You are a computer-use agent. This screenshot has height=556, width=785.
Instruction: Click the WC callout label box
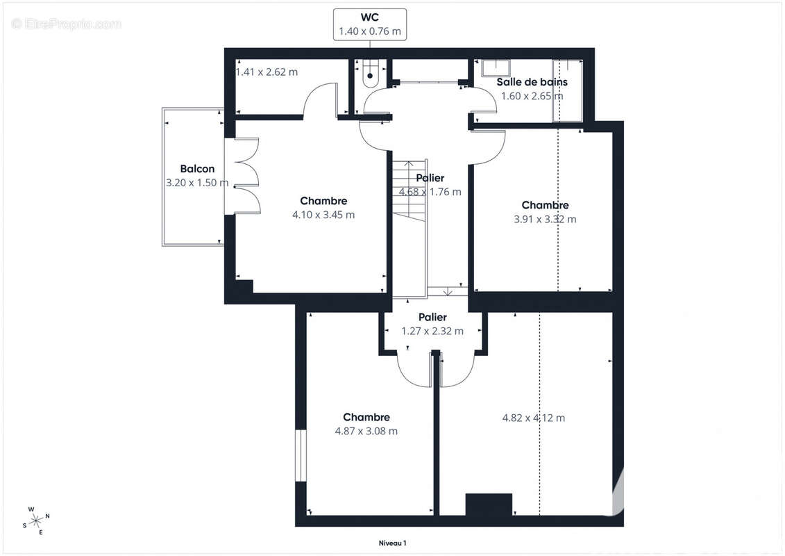(370, 24)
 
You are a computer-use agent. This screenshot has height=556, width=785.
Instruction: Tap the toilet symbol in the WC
(371, 73)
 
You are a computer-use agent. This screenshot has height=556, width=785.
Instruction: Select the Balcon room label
(197, 169)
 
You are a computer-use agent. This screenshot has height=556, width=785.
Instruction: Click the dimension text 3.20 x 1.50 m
(197, 183)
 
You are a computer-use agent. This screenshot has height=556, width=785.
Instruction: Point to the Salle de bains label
(532, 82)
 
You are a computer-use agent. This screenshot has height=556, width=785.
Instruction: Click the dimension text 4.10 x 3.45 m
(323, 215)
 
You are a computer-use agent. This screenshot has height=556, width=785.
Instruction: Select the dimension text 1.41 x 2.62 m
(267, 72)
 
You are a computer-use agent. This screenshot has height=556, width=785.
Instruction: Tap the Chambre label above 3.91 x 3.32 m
(545, 205)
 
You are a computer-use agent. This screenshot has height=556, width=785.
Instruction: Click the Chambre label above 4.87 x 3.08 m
(366, 417)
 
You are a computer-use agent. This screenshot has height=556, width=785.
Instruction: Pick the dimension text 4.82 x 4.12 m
(534, 418)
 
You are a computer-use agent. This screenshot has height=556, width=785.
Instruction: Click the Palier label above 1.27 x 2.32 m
(432, 318)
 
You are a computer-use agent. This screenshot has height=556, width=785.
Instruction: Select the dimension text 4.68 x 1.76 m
(430, 192)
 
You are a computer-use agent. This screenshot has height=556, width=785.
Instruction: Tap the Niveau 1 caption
(393, 543)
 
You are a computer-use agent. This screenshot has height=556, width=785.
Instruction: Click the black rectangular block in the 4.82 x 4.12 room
(489, 505)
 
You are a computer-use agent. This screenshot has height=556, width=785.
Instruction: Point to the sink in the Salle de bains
(496, 68)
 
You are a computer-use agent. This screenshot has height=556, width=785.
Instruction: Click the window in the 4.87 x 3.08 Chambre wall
(301, 455)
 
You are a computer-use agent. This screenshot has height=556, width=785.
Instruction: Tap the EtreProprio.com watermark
(66, 24)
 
